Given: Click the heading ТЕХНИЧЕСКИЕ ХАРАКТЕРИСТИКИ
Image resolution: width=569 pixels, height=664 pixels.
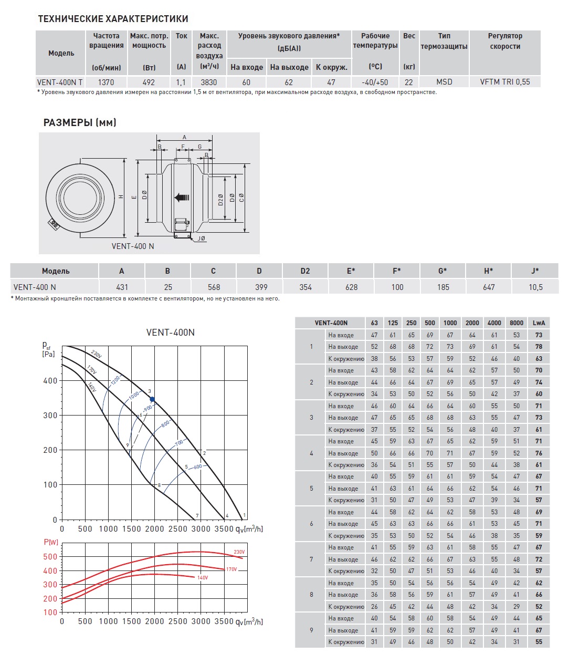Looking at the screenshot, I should [x=113, y=19].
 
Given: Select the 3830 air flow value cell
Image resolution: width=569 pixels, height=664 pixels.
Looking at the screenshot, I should [x=208, y=82].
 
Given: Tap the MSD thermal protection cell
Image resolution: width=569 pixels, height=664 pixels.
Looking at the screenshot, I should [x=444, y=82].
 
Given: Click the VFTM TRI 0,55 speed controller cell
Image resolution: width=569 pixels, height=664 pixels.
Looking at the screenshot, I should [x=505, y=82].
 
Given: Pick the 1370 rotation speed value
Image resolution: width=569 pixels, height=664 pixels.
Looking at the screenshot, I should [x=106, y=82].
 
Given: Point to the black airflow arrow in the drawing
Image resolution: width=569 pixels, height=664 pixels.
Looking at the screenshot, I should [x=182, y=198].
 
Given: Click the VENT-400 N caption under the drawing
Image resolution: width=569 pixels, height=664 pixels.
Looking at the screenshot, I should [x=133, y=246].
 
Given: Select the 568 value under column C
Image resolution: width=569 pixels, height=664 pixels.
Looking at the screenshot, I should [x=214, y=287].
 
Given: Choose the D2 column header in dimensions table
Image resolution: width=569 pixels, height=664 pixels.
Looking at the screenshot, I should [x=305, y=271].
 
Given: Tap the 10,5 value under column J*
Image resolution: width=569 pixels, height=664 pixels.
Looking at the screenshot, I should [x=535, y=287].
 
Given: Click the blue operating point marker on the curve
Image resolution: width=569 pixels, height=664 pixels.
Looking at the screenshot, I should [x=152, y=399].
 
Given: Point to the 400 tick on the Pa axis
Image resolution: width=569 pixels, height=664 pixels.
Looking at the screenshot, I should [x=50, y=381].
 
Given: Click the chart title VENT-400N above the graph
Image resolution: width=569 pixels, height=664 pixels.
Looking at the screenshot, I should [x=170, y=333].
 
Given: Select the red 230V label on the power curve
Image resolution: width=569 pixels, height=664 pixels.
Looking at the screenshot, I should [x=239, y=552].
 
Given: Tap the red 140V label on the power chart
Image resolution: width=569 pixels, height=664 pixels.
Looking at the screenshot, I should [x=203, y=578].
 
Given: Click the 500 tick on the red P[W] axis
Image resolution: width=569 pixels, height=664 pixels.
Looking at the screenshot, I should [x=50, y=557].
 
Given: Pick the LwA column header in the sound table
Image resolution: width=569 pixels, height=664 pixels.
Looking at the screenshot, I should [x=539, y=323].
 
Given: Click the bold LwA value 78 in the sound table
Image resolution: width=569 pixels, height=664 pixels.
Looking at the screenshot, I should [x=539, y=347].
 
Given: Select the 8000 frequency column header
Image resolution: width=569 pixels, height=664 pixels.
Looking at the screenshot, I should [x=517, y=323].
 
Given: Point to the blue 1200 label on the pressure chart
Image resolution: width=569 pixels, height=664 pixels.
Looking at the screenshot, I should [x=115, y=380].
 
